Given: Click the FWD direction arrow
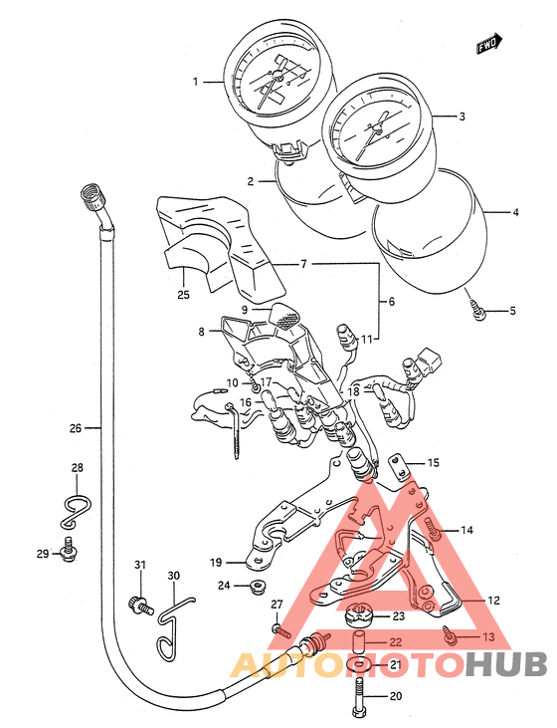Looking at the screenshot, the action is point(488,44).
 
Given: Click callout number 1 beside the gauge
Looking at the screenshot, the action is point(195,83).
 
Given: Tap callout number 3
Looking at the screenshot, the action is point(462,117).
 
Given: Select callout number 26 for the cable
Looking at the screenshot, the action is point(76,428).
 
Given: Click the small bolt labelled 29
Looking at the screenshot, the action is point(69,549).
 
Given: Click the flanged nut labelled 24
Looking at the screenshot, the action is point(256,587).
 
